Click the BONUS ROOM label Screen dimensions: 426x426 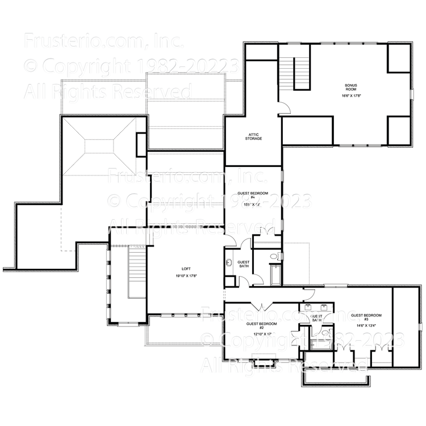[x=351, y=88]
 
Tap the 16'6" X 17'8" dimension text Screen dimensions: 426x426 [x=351, y=96]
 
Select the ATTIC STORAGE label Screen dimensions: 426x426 [x=253, y=136]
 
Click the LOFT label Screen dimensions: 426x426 [x=186, y=269]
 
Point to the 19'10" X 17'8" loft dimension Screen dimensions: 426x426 [x=186, y=275]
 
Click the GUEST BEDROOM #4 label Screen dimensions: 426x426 [x=253, y=195]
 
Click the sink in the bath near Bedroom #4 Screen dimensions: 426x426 [x=229, y=263]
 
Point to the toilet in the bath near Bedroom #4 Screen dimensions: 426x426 [x=229, y=281]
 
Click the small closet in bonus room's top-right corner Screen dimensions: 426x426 [x=399, y=57]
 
